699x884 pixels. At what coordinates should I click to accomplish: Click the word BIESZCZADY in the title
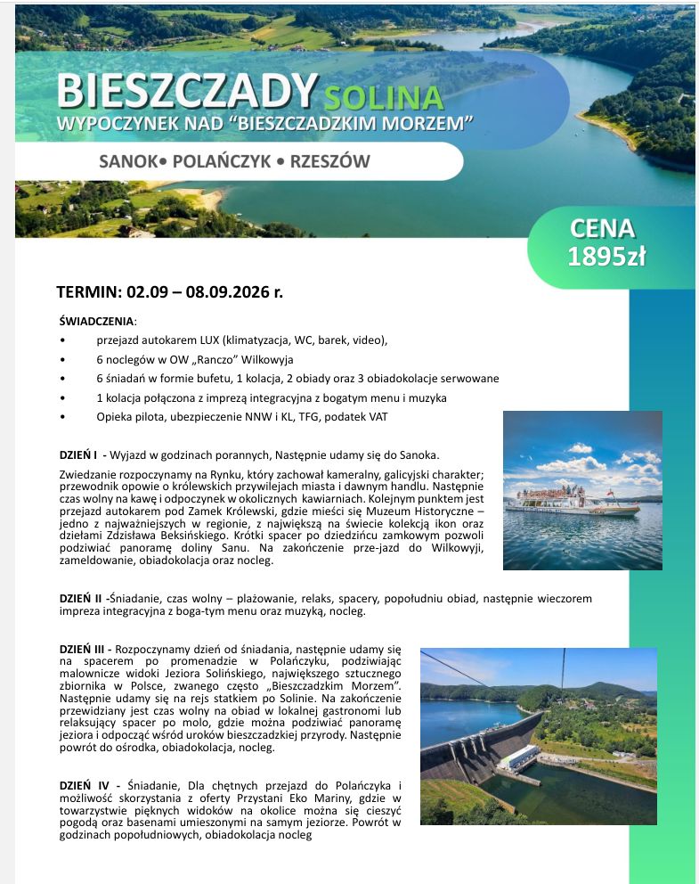pyautogui.click(x=188, y=90)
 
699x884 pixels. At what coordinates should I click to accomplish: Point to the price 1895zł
pyautogui.click(x=606, y=258)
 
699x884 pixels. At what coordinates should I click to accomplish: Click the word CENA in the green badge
pyautogui.click(x=603, y=229)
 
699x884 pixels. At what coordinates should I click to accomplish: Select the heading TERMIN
pyautogui.click(x=87, y=291)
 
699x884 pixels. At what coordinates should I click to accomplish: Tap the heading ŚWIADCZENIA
pyautogui.click(x=96, y=321)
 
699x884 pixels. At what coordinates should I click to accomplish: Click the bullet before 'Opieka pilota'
pyautogui.click(x=61, y=416)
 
